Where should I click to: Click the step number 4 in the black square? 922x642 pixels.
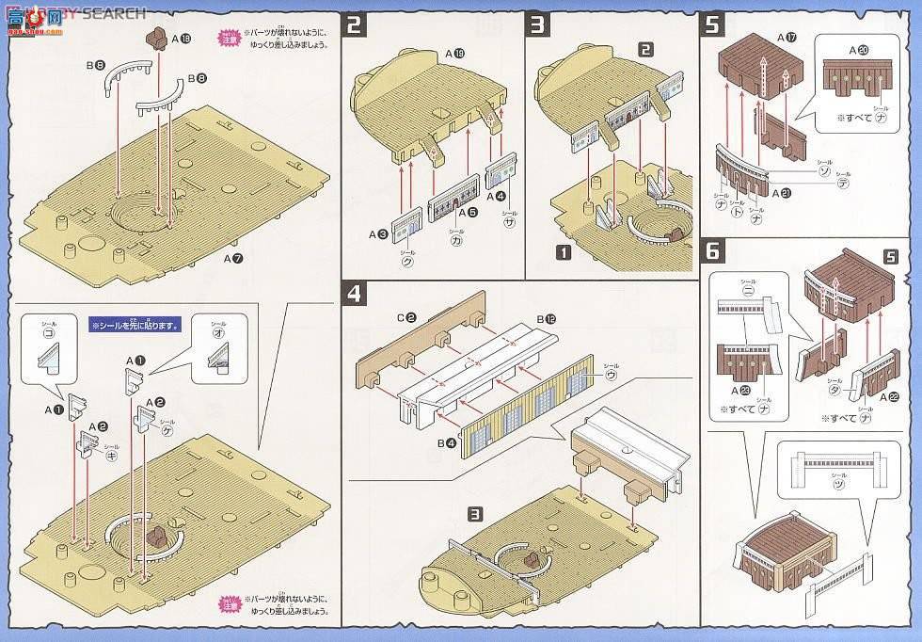[x=354, y=294]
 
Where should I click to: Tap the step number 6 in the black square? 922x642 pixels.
[x=712, y=250]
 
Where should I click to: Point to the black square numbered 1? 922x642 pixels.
[x=563, y=252]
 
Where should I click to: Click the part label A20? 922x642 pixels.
[x=858, y=50]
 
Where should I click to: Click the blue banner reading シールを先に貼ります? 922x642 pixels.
[x=135, y=326]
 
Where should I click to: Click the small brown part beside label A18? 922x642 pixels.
[x=155, y=39]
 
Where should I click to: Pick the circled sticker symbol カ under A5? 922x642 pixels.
[x=455, y=240]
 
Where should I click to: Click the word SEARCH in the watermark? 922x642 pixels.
[x=117, y=12]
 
